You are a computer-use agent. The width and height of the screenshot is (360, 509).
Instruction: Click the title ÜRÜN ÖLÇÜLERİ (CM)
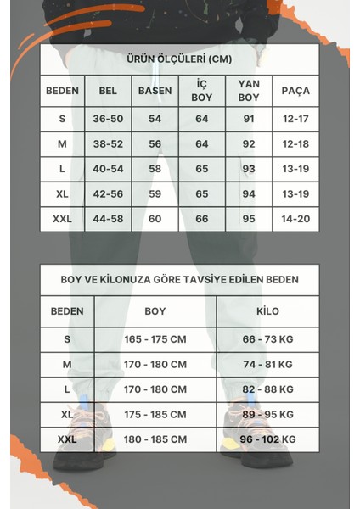(x=179, y=59)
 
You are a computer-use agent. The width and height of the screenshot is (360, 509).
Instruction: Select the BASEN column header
(x=155, y=90)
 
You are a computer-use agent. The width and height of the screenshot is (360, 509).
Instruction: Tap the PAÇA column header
(x=295, y=90)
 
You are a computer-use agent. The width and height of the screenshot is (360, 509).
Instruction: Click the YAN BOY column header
(x=248, y=90)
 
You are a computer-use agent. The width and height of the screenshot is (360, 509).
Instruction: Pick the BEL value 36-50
(x=108, y=120)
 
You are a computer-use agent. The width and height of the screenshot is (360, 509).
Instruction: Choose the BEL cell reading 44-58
(x=108, y=219)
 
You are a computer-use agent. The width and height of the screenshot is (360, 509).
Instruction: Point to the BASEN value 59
(x=155, y=193)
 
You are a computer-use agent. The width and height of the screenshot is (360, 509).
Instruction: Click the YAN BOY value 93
(x=248, y=169)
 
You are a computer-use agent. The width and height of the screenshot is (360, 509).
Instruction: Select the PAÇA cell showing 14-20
(x=295, y=219)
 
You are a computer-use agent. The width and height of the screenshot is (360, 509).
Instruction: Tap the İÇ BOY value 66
(x=201, y=219)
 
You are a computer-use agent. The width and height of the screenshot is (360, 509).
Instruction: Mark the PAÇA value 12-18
(x=295, y=144)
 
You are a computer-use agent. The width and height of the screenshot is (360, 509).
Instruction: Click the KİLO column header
(x=267, y=311)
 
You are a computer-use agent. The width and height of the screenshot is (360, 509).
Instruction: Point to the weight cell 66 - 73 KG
(x=267, y=338)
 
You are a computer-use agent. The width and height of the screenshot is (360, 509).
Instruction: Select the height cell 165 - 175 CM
(x=155, y=338)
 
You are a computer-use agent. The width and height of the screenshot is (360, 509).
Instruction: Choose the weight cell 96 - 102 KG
(x=267, y=439)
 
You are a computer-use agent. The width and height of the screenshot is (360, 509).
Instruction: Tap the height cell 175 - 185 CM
(x=155, y=415)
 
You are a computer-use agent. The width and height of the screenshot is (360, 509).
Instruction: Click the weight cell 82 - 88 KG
(x=267, y=389)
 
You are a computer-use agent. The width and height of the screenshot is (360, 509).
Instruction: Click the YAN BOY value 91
(x=248, y=120)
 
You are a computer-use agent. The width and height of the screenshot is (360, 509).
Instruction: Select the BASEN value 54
(x=155, y=120)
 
